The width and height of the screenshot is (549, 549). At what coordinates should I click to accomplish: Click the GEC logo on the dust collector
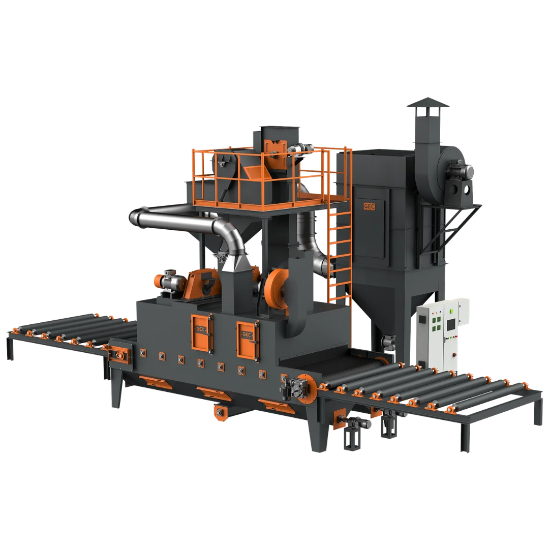click(369, 206)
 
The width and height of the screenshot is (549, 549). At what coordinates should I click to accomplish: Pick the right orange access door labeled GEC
click(247, 338)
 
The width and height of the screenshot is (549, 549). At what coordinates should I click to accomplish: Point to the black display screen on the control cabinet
click(452, 324)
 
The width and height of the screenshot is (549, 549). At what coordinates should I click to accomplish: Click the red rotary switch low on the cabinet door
click(454, 355)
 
